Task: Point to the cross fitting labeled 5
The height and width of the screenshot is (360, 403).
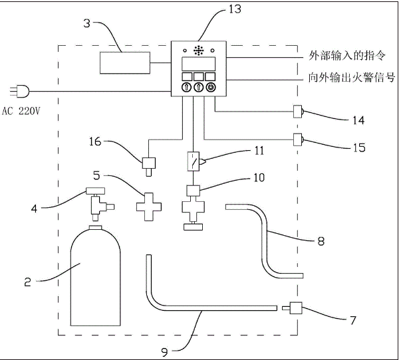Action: click(149, 205)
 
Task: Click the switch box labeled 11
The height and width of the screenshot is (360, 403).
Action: click(194, 161)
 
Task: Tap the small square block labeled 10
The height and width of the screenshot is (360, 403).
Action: click(194, 191)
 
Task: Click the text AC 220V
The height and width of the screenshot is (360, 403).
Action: click(22, 111)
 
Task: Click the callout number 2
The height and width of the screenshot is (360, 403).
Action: click(27, 282)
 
